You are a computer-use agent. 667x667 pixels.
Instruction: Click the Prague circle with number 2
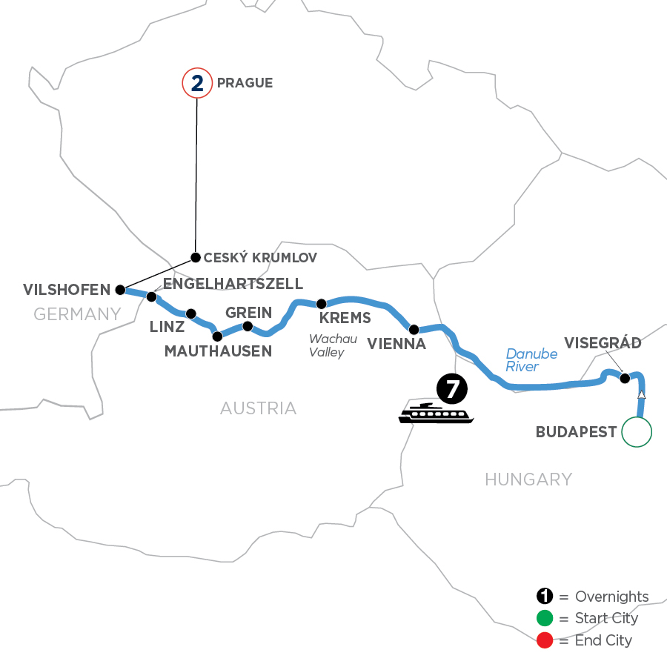[x=196, y=83]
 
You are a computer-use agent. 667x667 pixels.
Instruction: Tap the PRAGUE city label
[x=245, y=83]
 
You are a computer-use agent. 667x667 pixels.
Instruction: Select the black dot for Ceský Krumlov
[x=196, y=258]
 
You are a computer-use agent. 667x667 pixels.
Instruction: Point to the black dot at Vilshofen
[x=120, y=290]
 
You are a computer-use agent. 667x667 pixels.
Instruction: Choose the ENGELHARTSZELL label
[x=233, y=284]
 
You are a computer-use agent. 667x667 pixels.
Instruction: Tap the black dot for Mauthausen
[x=217, y=336]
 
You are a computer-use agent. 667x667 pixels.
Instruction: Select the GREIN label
[x=249, y=312]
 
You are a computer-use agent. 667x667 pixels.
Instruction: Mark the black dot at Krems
[x=322, y=304]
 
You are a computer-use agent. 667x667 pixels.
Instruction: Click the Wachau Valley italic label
[x=327, y=346]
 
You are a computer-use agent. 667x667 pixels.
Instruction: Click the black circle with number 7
[x=451, y=388]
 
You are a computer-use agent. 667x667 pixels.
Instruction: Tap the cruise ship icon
[x=436, y=414]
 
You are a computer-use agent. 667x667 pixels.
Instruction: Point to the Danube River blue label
[x=531, y=360]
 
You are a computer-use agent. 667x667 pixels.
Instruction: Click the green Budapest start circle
[x=637, y=432]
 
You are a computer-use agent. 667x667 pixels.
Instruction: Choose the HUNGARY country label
[x=528, y=479]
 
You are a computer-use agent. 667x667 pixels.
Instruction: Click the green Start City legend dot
[x=545, y=619]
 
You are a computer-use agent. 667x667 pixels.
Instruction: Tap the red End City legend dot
[x=545, y=640]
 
